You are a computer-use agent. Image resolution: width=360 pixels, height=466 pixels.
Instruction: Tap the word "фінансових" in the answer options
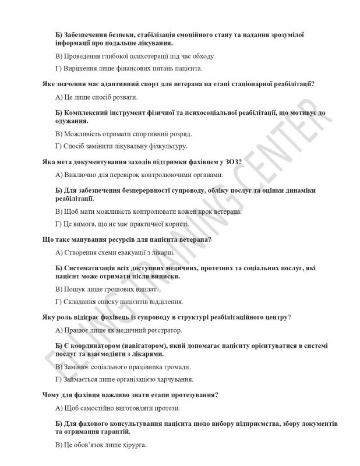coord(123,69)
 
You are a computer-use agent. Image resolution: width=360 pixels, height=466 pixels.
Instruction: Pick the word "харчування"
coord(162,379)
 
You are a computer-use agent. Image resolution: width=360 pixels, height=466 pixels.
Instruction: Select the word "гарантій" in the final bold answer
coord(114,433)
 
